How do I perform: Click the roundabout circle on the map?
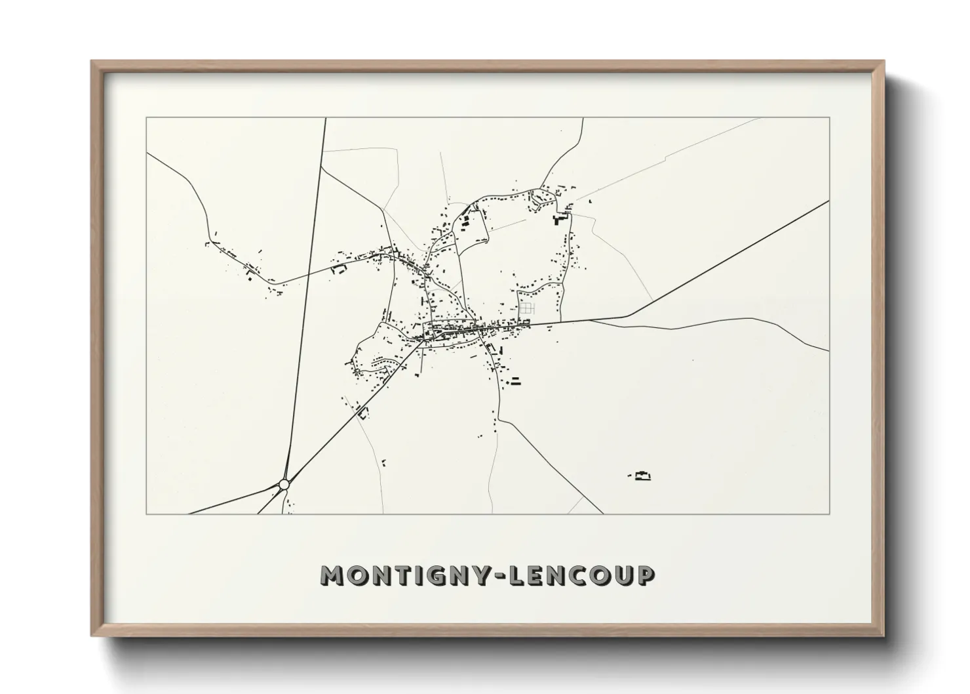[x=284, y=484]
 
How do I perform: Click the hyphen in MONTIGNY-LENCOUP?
[x=501, y=577]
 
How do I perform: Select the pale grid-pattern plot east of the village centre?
[x=527, y=308]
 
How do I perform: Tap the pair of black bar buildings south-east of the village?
[x=515, y=380]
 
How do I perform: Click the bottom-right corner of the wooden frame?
[x=883, y=636]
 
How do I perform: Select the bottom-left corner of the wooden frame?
[x=92, y=636]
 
